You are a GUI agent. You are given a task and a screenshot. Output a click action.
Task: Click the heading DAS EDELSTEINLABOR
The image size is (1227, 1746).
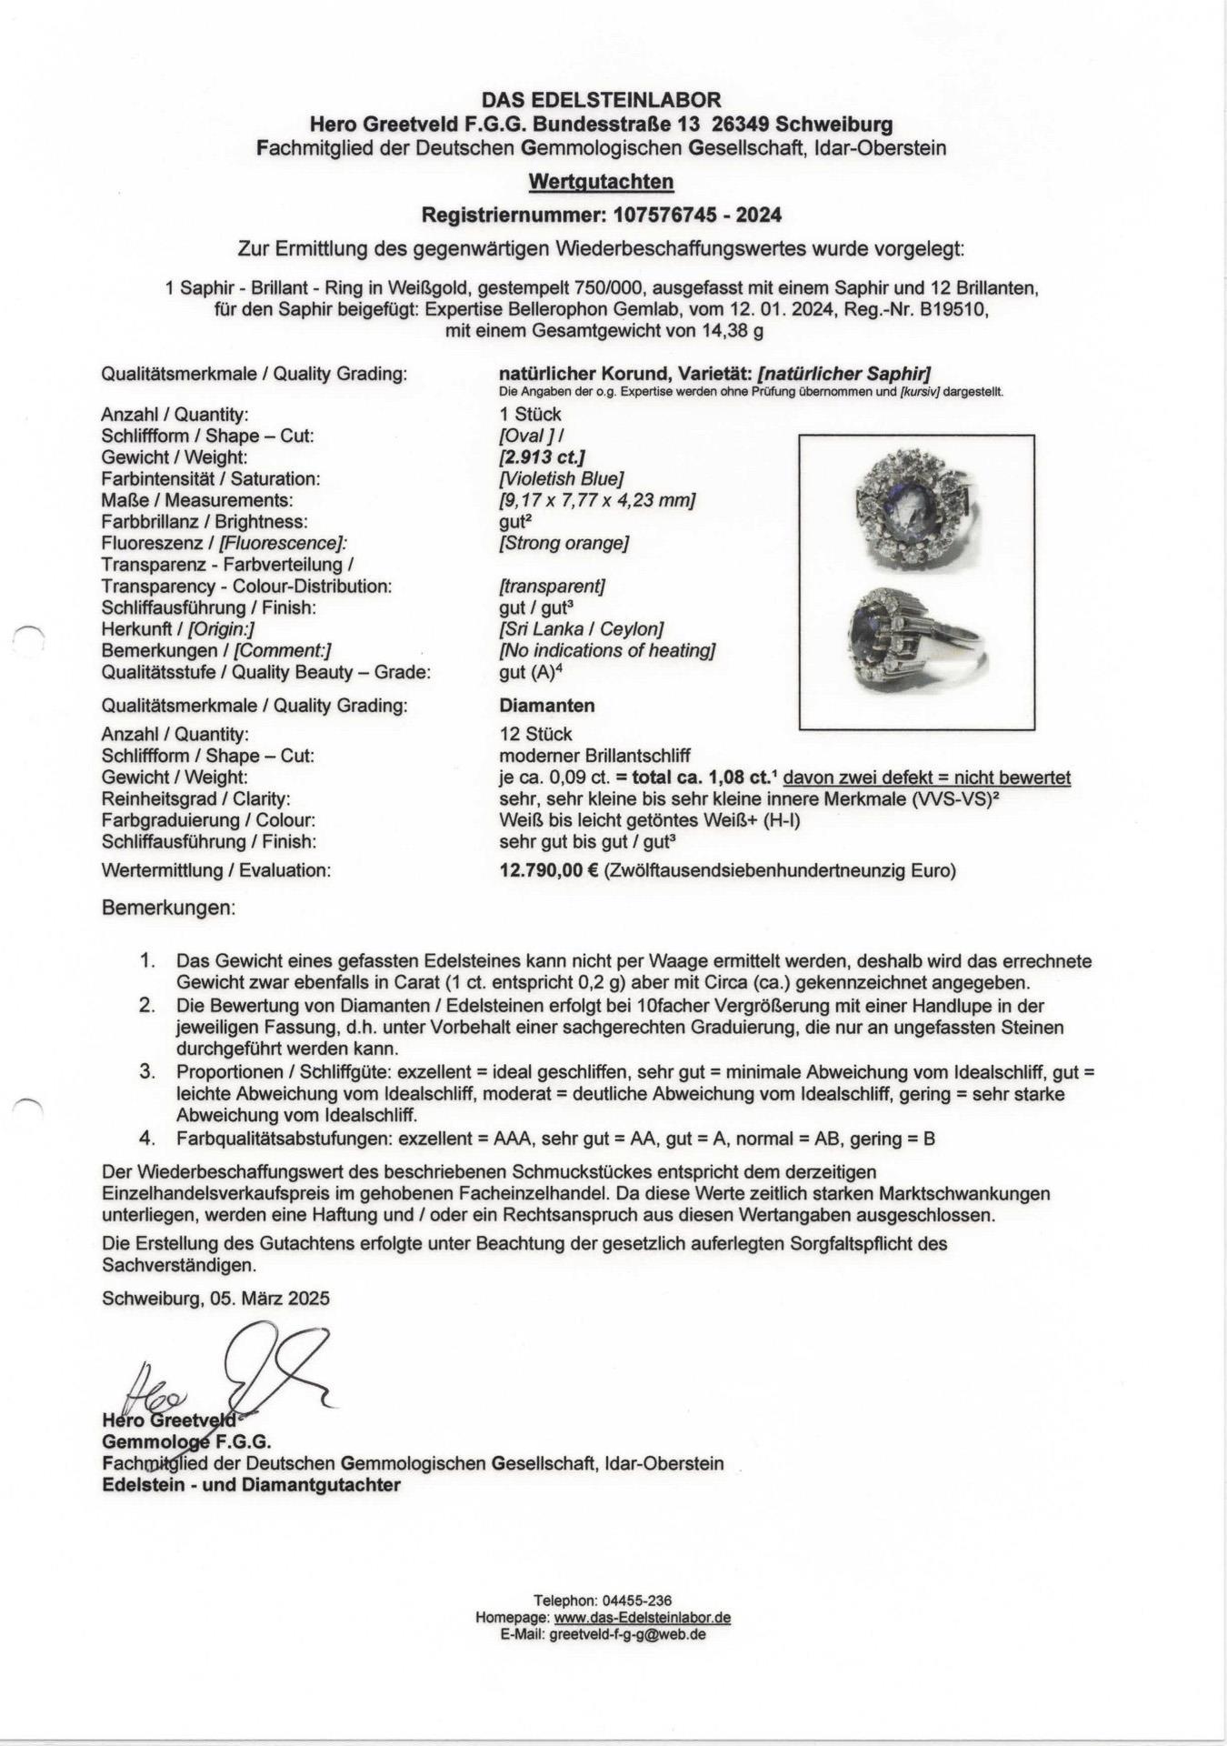pyautogui.click(x=601, y=100)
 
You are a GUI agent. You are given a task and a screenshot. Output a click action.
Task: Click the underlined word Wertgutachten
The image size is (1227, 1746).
pyautogui.click(x=601, y=182)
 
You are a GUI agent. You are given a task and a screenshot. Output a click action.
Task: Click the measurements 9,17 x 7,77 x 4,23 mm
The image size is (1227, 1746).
pyautogui.click(x=597, y=500)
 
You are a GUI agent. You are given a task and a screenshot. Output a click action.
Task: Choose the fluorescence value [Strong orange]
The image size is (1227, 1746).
pyautogui.click(x=564, y=544)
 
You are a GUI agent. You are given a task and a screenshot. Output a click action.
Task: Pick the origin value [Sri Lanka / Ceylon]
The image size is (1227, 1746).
pyautogui.click(x=582, y=629)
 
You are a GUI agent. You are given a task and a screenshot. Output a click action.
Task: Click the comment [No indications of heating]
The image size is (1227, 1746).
pyautogui.click(x=607, y=651)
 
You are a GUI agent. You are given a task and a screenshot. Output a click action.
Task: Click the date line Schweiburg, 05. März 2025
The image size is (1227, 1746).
pyautogui.click(x=216, y=1299)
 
